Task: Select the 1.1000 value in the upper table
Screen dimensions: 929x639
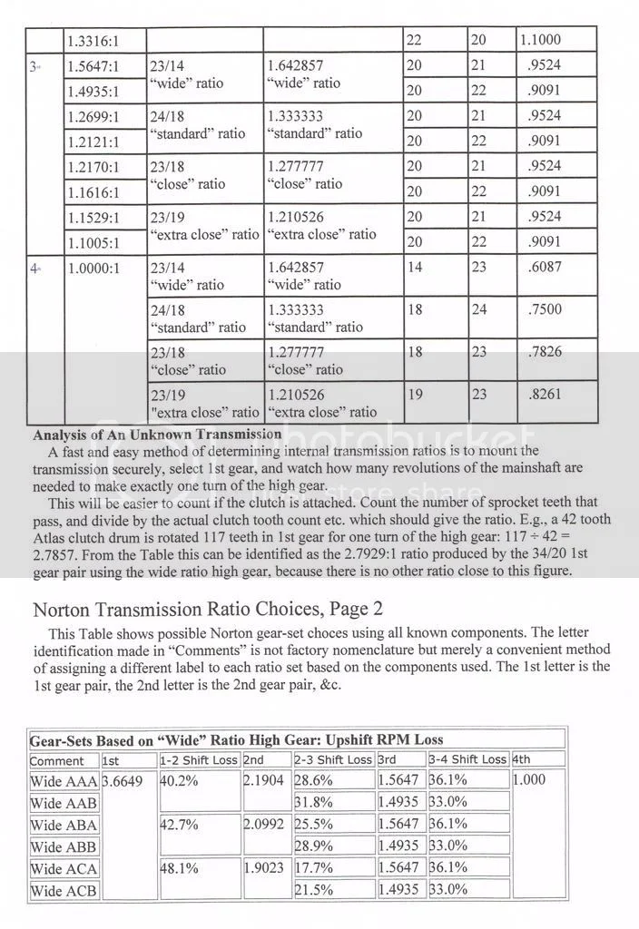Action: (x=540, y=41)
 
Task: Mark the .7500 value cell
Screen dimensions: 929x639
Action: (x=544, y=309)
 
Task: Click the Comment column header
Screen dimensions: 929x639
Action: (x=57, y=760)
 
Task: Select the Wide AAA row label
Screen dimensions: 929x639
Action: (x=64, y=780)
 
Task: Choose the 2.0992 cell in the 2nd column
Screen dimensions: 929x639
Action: (x=265, y=825)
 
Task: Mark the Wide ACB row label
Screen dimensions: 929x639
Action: (x=64, y=891)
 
